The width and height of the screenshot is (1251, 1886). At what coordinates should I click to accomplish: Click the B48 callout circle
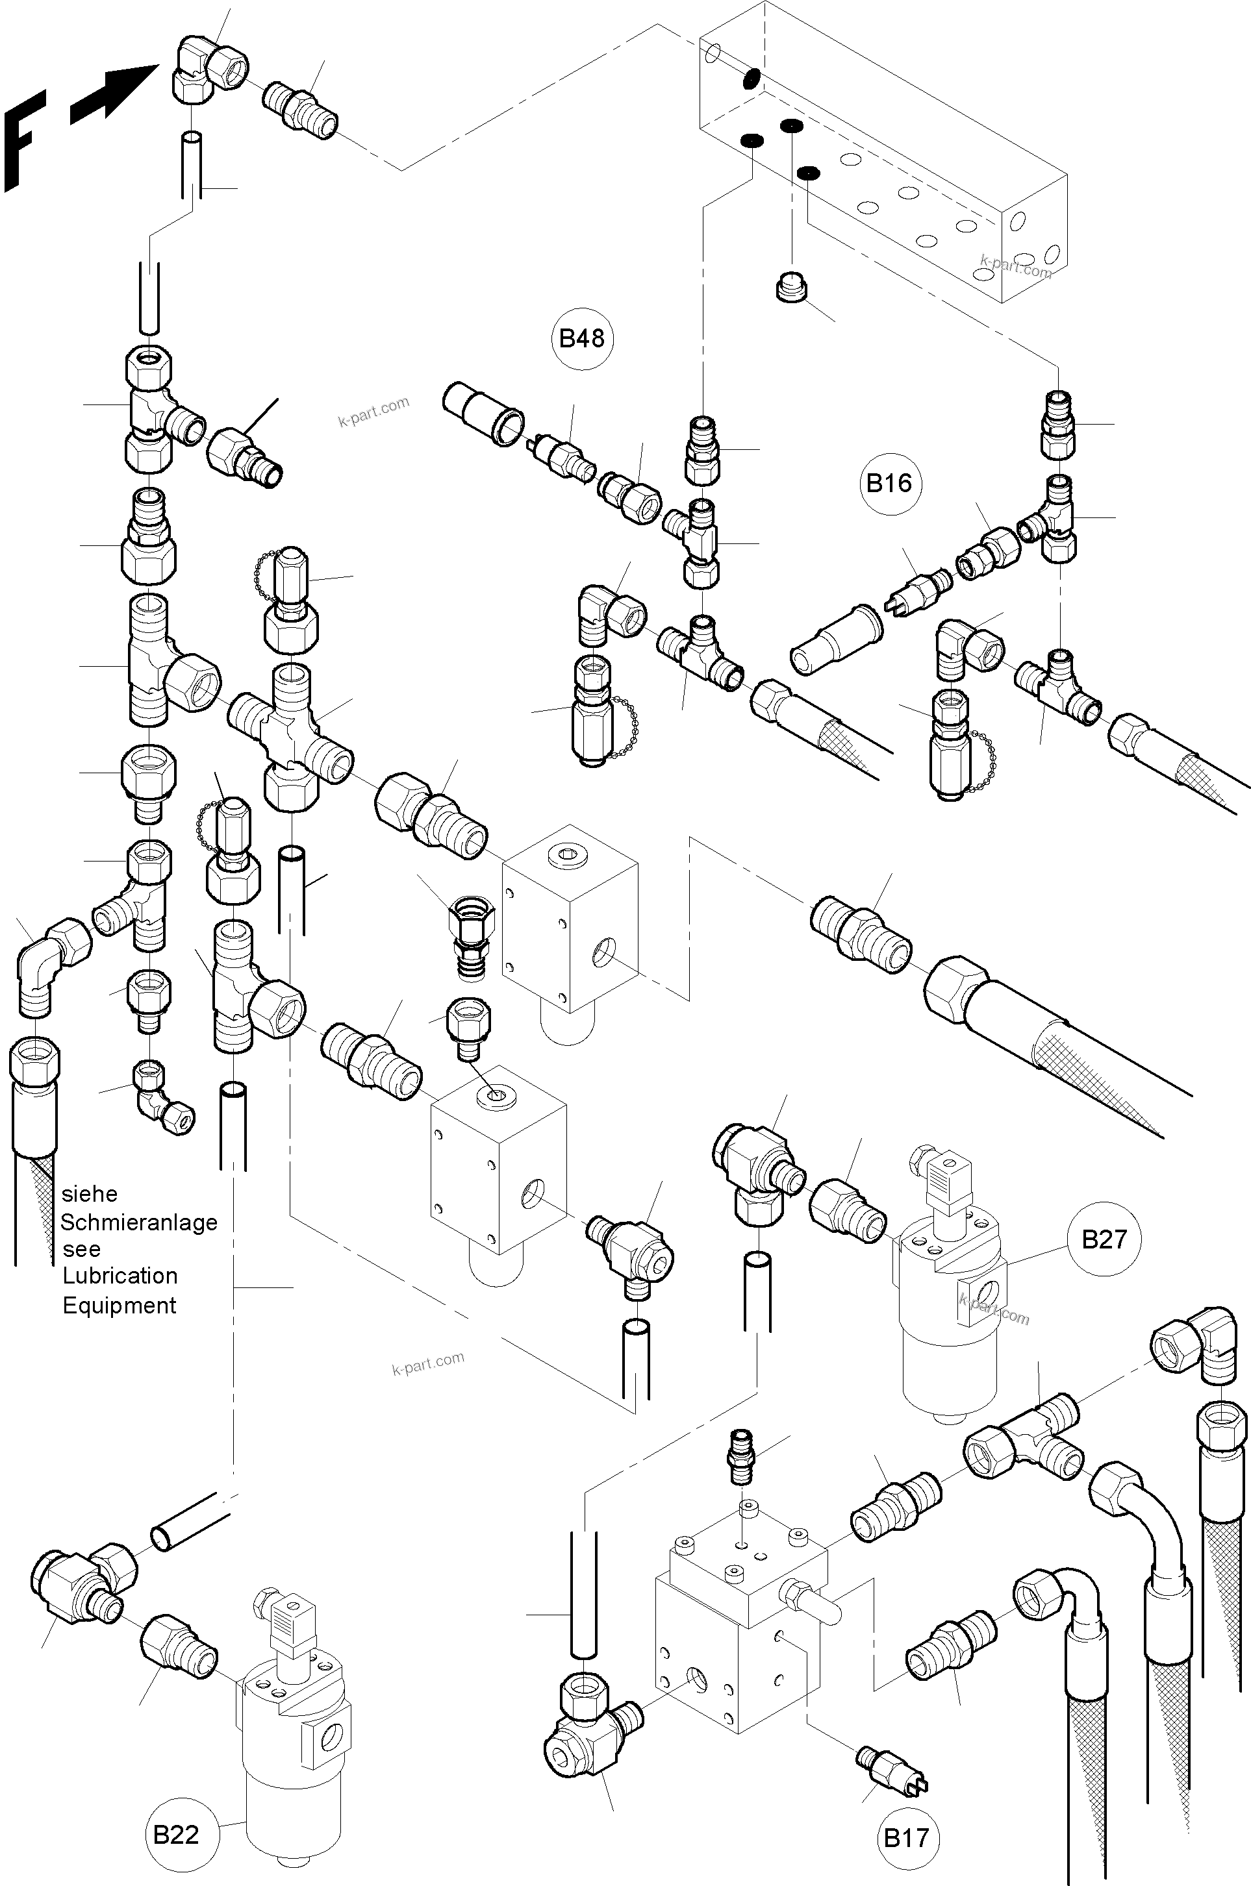click(581, 338)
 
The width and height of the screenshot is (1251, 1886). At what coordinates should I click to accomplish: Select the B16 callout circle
click(890, 482)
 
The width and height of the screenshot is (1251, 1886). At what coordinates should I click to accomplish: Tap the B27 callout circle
click(1104, 1239)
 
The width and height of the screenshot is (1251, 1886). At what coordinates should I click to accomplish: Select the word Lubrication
click(120, 1276)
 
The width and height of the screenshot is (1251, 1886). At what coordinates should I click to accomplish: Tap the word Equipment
click(119, 1306)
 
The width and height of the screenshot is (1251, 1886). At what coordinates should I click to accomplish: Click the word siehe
click(90, 1194)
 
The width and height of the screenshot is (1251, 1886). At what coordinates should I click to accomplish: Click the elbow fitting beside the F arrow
click(207, 69)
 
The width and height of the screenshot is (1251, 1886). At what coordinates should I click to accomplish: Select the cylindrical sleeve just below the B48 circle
click(483, 412)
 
